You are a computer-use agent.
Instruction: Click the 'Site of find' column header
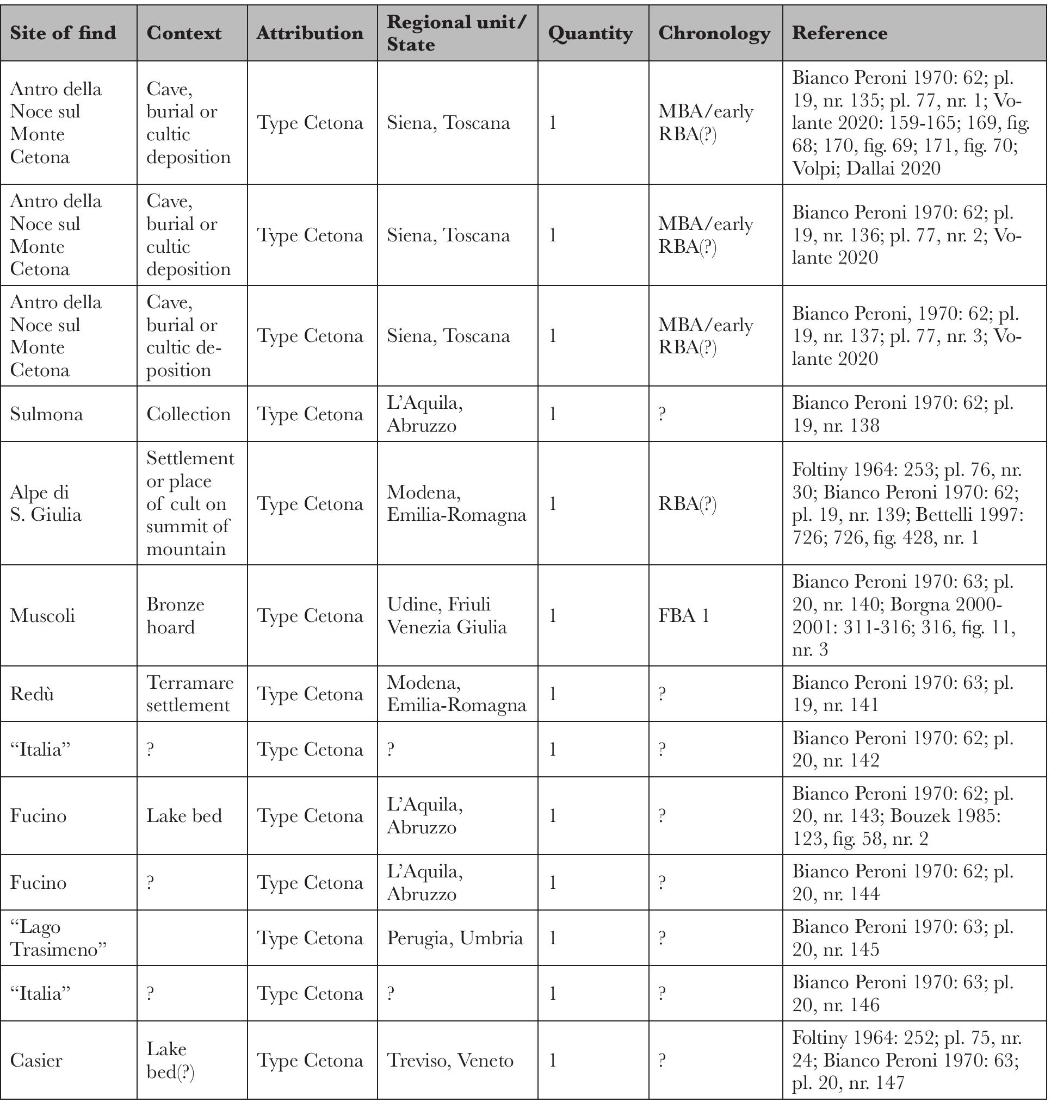click(x=63, y=33)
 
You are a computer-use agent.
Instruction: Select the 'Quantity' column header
click(x=590, y=33)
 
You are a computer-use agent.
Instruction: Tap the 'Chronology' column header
click(x=714, y=33)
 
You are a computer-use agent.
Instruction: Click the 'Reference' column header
click(x=839, y=33)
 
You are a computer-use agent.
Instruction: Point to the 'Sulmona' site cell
click(x=46, y=414)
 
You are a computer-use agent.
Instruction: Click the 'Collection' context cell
click(x=188, y=414)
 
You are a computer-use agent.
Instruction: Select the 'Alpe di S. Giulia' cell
click(x=46, y=503)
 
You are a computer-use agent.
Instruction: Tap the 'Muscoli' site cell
click(x=42, y=616)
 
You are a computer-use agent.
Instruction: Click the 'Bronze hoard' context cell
click(x=175, y=616)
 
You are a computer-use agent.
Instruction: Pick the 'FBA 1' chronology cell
click(x=683, y=616)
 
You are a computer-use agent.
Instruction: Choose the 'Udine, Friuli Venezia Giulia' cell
click(x=447, y=616)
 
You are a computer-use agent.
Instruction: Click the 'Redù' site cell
click(x=32, y=694)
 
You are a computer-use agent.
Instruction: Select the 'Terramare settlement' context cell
click(x=190, y=694)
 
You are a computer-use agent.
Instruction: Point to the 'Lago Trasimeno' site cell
click(x=58, y=938)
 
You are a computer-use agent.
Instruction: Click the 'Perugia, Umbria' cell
click(x=454, y=938)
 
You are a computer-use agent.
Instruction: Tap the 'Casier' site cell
click(x=36, y=1061)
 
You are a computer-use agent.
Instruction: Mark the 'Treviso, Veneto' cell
click(x=450, y=1061)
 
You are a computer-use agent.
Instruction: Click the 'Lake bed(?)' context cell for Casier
click(x=170, y=1061)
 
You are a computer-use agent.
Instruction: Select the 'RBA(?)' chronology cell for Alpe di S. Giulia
click(x=687, y=504)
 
